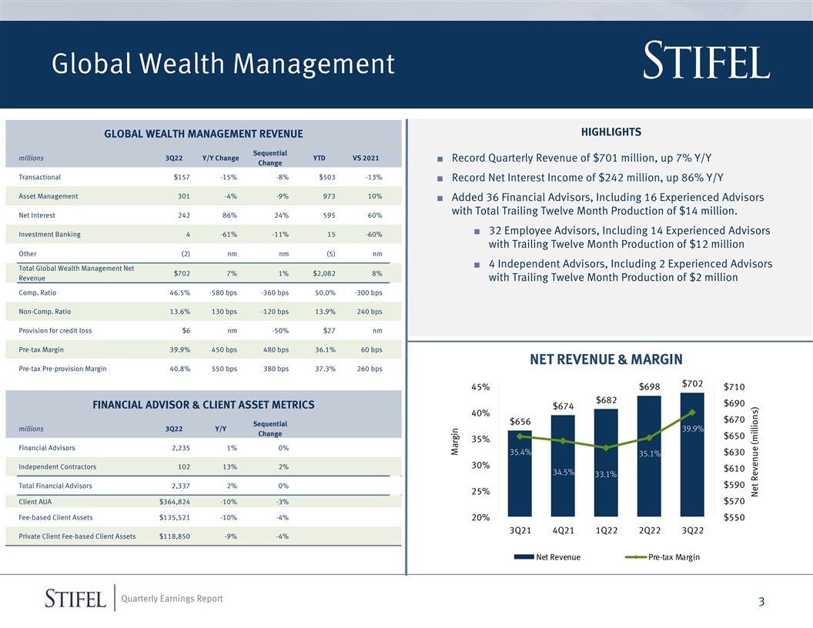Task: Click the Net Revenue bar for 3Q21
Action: click(x=520, y=473)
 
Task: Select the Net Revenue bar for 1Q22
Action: click(x=606, y=463)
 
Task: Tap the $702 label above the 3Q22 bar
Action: click(x=692, y=383)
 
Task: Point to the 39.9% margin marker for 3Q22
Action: click(x=692, y=413)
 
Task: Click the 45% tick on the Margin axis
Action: click(x=480, y=387)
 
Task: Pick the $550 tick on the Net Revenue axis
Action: click(x=734, y=517)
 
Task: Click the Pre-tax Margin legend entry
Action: click(x=662, y=557)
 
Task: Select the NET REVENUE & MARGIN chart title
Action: click(x=606, y=359)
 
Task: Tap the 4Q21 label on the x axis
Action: click(x=563, y=530)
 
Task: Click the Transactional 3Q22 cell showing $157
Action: click(x=182, y=177)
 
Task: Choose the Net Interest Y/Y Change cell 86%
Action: click(x=229, y=215)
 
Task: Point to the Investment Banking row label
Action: click(x=50, y=234)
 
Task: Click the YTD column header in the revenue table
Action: click(x=319, y=158)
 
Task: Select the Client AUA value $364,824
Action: click(x=175, y=502)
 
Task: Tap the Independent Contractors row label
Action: click(x=58, y=467)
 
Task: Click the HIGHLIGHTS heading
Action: click(x=611, y=132)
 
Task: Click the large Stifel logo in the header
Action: click(x=706, y=61)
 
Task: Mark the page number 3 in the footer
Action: click(x=761, y=602)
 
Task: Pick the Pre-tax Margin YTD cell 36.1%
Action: click(x=325, y=349)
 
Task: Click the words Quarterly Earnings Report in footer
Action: click(x=172, y=599)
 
